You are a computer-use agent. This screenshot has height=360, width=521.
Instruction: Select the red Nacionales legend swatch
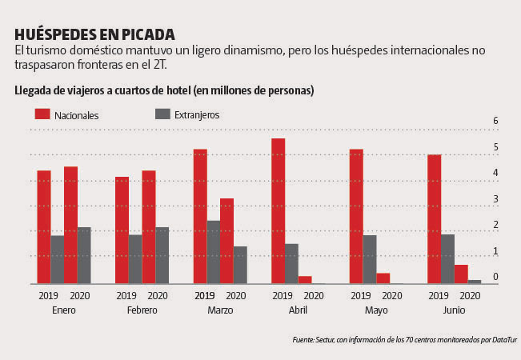click(42, 114)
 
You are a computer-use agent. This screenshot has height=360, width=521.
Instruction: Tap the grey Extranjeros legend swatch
click(162, 114)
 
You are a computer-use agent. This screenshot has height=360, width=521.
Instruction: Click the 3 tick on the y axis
click(495, 199)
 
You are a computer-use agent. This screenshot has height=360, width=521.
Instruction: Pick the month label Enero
click(63, 310)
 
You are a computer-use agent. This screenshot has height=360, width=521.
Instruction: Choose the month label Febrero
click(142, 310)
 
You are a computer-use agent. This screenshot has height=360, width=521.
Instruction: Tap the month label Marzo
click(220, 310)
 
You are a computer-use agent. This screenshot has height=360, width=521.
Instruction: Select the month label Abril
click(298, 310)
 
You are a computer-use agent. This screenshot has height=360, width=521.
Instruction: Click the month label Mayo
click(376, 310)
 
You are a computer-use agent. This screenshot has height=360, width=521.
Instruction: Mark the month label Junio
click(454, 310)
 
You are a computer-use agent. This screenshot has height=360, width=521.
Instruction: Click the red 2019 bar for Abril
click(278, 211)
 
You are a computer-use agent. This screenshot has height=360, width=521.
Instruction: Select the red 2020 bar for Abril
click(304, 280)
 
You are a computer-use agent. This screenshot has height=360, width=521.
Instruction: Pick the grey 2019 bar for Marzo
click(214, 252)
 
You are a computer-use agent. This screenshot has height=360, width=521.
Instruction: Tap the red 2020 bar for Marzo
click(226, 241)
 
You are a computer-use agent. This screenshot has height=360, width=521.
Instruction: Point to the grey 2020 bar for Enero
click(84, 255)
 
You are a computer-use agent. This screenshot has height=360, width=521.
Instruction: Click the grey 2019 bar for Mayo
click(370, 259)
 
